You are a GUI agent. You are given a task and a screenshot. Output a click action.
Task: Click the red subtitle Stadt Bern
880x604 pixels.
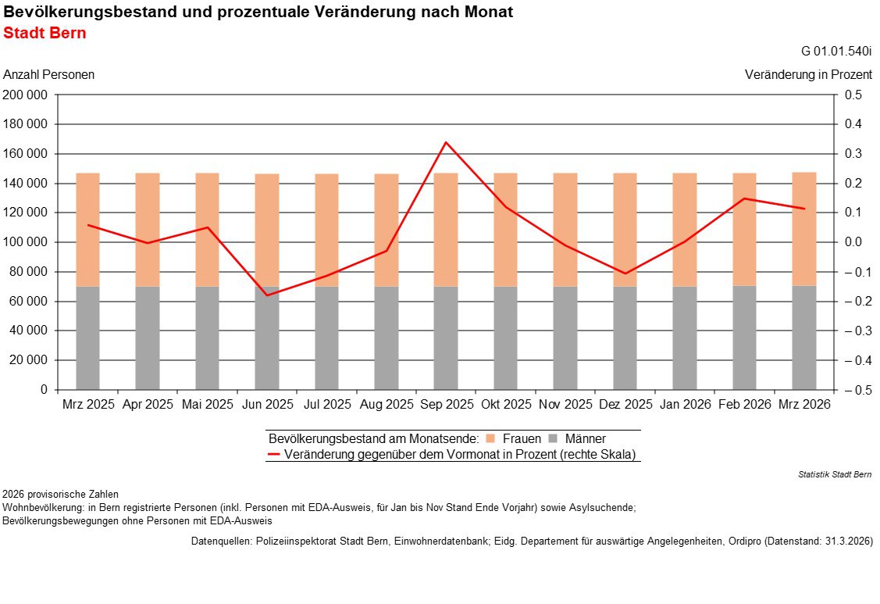45,34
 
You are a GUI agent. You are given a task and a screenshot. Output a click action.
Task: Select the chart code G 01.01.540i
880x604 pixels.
836,52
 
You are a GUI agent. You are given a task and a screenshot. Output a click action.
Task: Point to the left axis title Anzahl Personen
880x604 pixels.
49,75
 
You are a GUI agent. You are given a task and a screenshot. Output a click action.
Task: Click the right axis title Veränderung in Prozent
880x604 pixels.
808,75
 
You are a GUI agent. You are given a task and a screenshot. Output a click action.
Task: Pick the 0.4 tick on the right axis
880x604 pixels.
853,124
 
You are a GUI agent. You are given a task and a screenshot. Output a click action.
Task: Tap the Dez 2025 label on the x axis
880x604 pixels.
625,405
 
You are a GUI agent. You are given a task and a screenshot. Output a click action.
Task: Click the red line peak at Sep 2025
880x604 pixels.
446,142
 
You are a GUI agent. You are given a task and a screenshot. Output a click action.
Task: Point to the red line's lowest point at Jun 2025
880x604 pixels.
267,295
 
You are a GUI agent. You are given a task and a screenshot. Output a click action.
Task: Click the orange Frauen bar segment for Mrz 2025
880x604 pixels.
87,230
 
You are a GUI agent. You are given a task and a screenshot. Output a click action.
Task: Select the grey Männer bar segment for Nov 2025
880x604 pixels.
565,338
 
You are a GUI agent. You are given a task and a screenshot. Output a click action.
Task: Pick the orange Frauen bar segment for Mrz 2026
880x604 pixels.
804,229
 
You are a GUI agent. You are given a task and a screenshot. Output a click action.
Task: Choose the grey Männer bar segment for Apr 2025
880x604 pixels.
148,338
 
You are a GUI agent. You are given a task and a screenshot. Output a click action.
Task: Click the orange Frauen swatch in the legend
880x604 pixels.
490,439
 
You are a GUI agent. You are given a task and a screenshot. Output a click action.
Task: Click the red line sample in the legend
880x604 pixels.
273,454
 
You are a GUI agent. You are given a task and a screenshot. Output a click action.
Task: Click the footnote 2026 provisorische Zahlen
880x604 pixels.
60,495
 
